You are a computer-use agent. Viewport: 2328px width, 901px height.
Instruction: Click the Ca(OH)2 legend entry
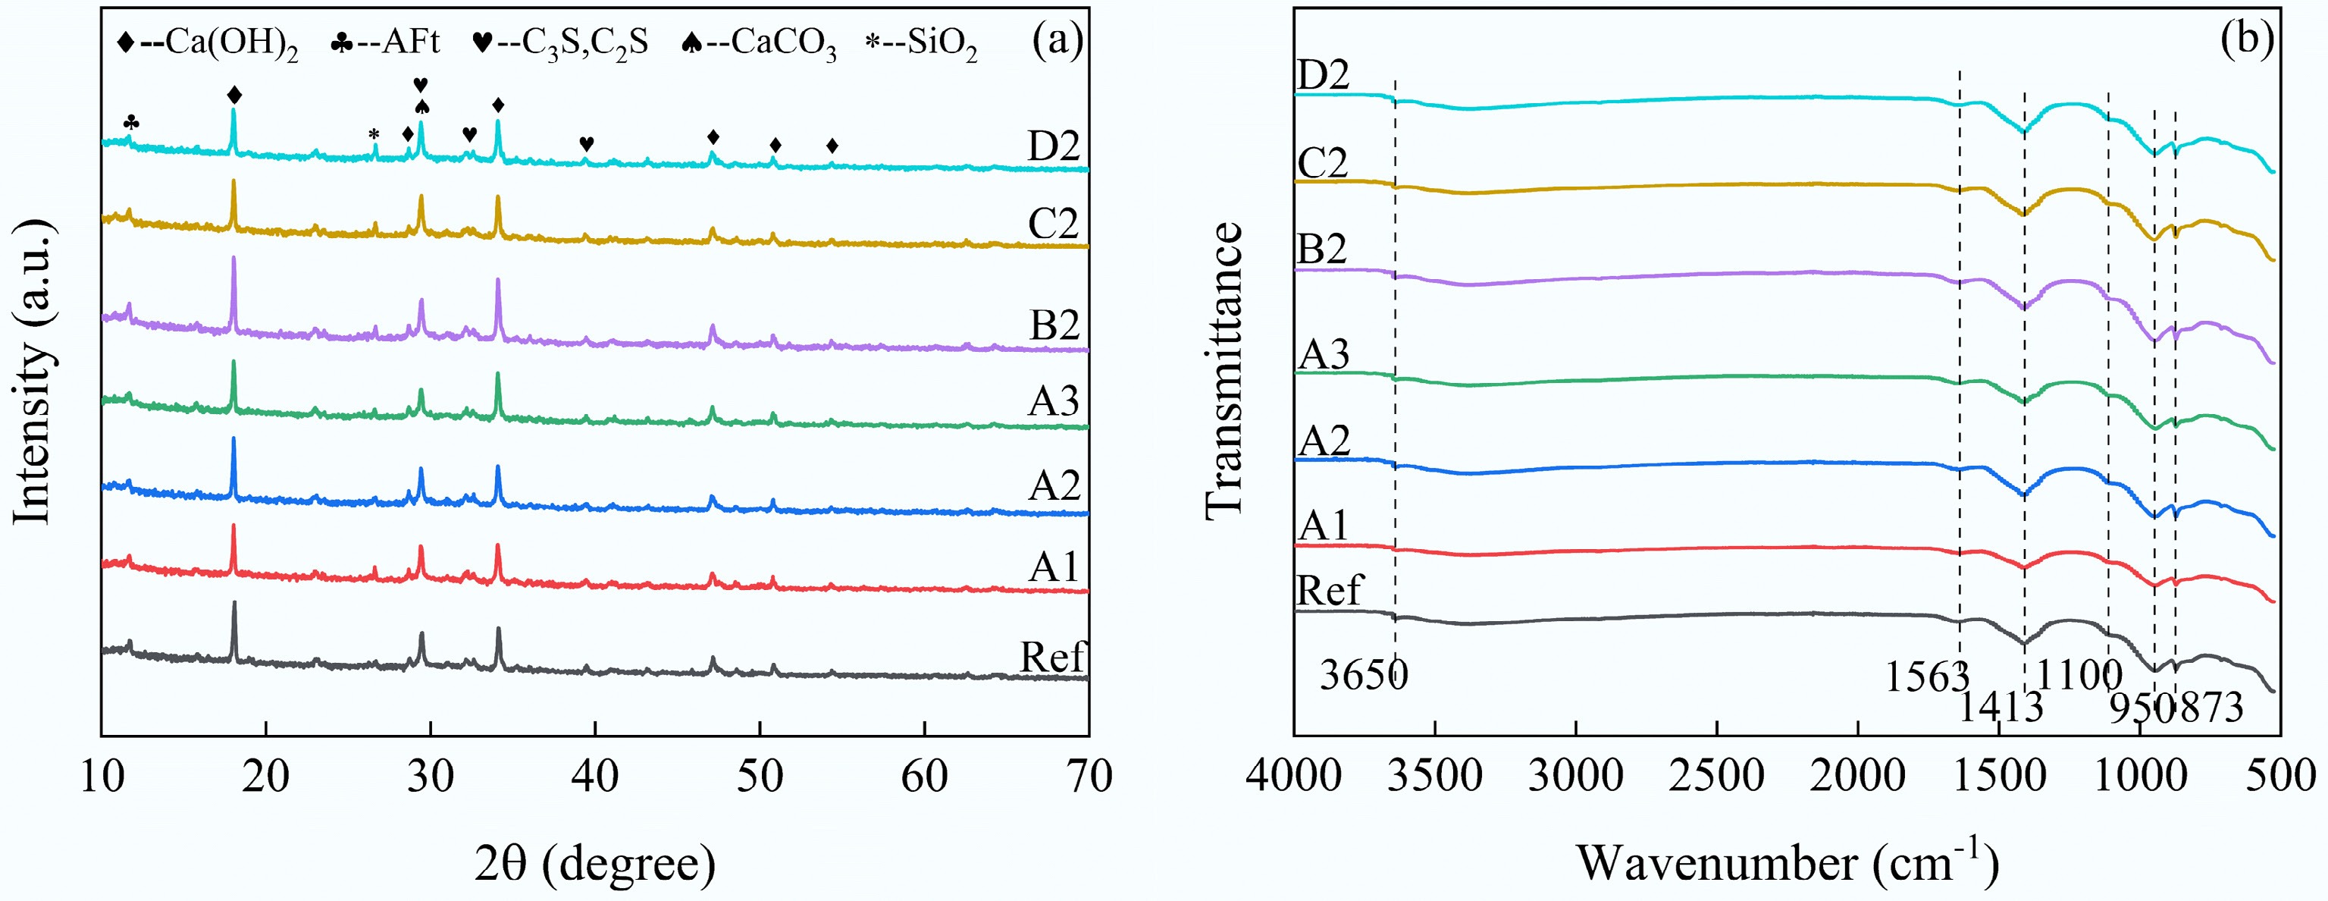(208, 43)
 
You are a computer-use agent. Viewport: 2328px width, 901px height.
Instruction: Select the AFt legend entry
(385, 42)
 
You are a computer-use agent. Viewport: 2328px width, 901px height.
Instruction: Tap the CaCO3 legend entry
(759, 43)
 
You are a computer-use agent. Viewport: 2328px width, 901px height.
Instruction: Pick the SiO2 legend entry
(922, 43)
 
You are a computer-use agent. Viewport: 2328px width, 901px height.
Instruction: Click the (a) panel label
(1057, 41)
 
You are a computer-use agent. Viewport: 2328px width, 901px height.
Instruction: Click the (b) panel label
(2247, 41)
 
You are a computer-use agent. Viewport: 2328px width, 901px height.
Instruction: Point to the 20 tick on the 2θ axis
(265, 775)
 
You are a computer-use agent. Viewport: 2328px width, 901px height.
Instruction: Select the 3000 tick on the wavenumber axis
(1575, 775)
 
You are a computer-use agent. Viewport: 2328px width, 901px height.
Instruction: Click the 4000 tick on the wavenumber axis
(1293, 775)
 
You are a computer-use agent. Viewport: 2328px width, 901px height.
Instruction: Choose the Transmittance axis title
(1224, 371)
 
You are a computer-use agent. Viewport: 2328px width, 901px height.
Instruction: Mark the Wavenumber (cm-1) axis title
(1787, 862)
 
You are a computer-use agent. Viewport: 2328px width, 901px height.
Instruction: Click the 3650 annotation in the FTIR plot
(1363, 674)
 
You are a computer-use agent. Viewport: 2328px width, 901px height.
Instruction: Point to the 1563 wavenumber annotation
(1925, 676)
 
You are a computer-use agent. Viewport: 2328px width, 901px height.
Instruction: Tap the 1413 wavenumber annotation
(2000, 707)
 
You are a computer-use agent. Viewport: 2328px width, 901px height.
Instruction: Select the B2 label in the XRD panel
(1054, 325)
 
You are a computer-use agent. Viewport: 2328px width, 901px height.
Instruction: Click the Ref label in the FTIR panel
(1328, 590)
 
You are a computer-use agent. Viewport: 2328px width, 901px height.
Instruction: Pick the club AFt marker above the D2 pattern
(131, 122)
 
